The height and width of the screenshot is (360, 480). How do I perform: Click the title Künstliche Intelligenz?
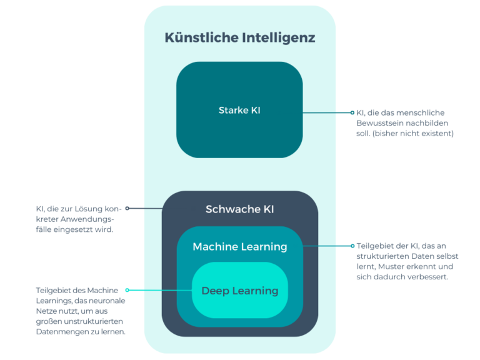pyautogui.click(x=239, y=37)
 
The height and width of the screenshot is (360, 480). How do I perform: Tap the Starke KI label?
pyautogui.click(x=239, y=110)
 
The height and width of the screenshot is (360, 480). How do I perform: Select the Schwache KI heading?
pyautogui.click(x=239, y=209)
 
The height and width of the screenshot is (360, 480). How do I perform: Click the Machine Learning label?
pyautogui.click(x=239, y=246)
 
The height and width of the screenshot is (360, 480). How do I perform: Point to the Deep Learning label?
pyautogui.click(x=239, y=291)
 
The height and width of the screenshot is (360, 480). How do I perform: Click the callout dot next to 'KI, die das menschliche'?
pyautogui.click(x=352, y=113)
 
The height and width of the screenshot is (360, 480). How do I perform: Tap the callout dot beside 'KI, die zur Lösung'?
pyautogui.click(x=127, y=208)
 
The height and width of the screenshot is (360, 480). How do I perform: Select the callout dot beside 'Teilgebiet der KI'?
pyautogui.click(x=352, y=246)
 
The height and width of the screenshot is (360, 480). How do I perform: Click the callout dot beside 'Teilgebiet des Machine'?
pyautogui.click(x=127, y=290)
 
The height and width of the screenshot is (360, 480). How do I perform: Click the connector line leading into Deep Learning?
pyautogui.click(x=160, y=291)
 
